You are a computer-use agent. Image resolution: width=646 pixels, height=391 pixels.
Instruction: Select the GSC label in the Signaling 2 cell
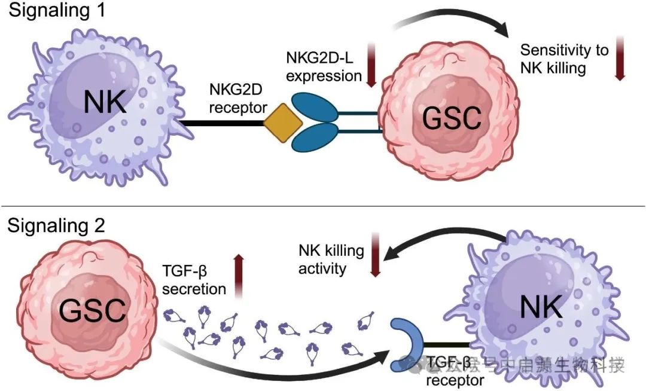coord(93,311)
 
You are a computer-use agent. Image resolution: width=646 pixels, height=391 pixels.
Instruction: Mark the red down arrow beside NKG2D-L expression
coord(372,67)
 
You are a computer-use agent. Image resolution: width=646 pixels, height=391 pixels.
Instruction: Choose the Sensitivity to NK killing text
coord(563,58)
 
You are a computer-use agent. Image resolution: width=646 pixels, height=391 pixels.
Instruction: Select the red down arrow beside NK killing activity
coord(376,256)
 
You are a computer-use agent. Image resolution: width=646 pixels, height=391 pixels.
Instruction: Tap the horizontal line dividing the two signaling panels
coord(323,207)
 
